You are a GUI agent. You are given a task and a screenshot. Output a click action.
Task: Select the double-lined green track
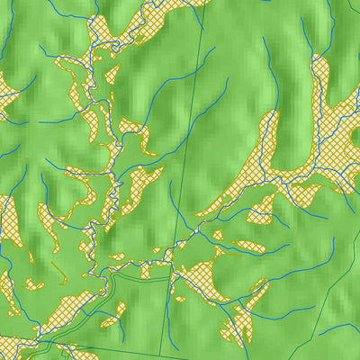pos(135,278)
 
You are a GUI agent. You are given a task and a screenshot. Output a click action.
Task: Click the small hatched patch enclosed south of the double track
pos(112,317)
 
